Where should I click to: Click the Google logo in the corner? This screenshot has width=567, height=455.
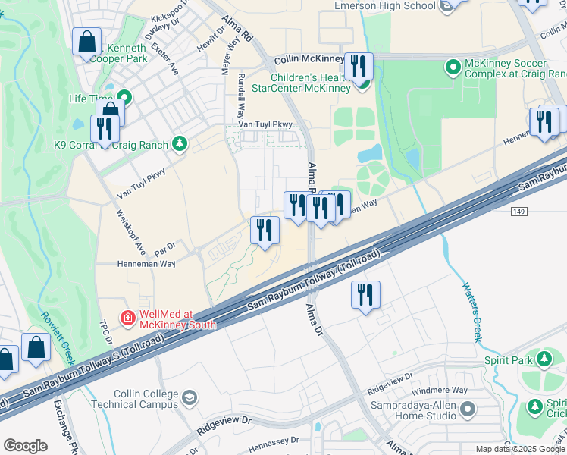click(25, 446)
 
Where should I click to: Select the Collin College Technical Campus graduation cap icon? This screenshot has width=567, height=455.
click(190, 397)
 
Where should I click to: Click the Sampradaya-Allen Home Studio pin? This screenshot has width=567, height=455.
click(468, 410)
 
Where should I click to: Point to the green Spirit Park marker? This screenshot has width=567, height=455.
click(544, 358)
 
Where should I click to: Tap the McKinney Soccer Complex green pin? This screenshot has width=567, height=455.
click(453, 67)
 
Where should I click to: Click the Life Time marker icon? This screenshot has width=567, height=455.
click(123, 98)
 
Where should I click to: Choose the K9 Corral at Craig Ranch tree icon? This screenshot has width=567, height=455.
click(180, 143)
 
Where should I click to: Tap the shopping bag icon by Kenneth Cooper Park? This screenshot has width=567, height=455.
click(87, 42)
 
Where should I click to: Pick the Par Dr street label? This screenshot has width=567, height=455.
click(164, 246)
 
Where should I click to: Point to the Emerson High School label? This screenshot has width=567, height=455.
click(385, 6)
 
